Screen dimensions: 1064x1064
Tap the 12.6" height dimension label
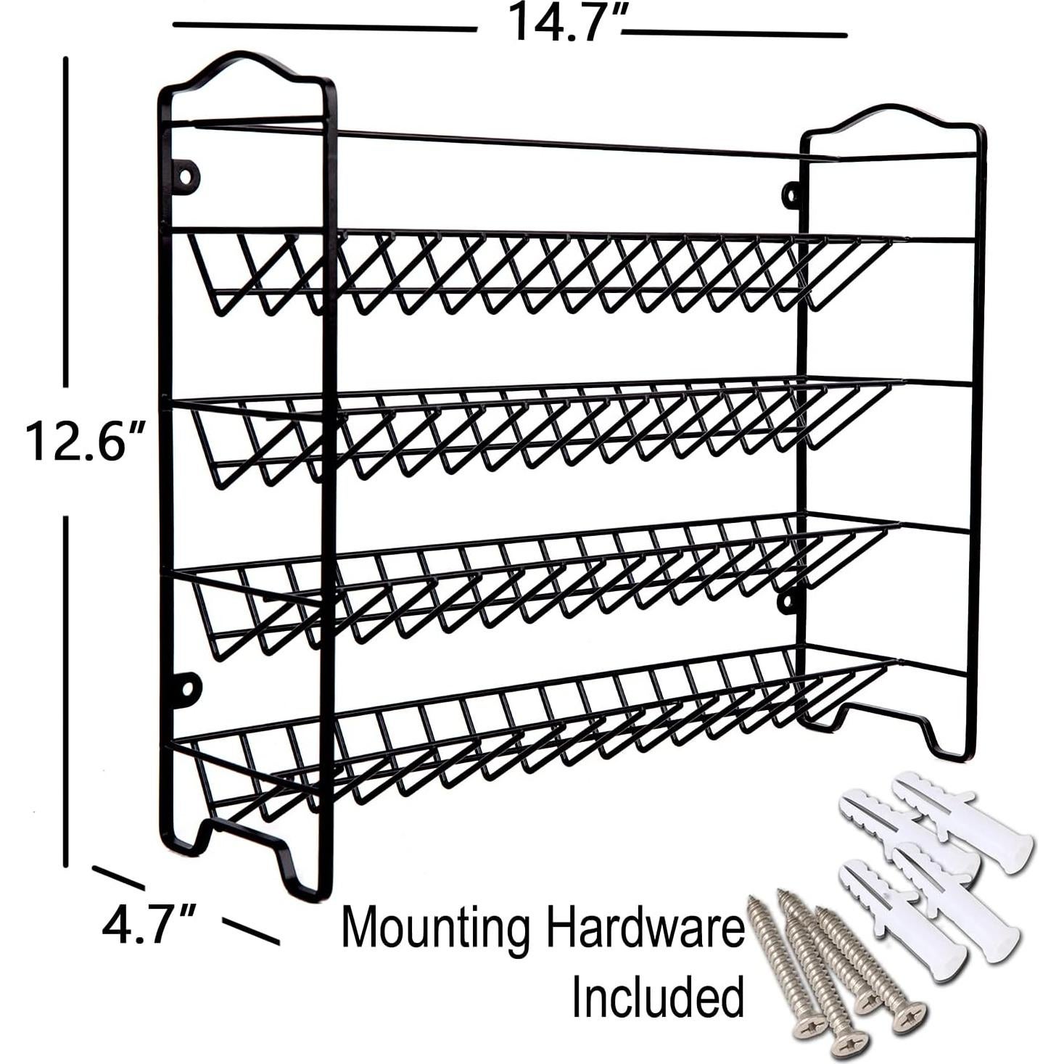(86, 442)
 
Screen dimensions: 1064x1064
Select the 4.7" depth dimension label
(149, 925)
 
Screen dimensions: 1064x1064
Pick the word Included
(658, 997)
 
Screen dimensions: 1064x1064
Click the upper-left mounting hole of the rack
(186, 176)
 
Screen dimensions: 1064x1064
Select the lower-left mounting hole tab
(186, 690)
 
